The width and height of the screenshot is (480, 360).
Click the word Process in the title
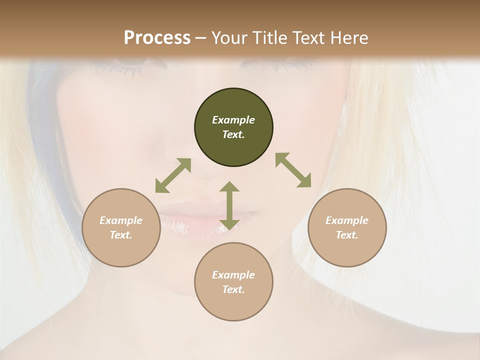pyautogui.click(x=157, y=37)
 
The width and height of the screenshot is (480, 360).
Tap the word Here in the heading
pyautogui.click(x=348, y=37)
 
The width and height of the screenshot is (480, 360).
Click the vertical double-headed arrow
pyautogui.click(x=229, y=205)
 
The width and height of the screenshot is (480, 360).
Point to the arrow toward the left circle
pyautogui.click(x=173, y=175)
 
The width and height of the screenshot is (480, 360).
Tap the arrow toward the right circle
pyautogui.click(x=293, y=170)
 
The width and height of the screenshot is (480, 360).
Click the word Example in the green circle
pyautogui.click(x=233, y=120)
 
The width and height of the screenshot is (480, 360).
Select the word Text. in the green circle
pyautogui.click(x=233, y=134)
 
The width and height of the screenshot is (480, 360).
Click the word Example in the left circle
pyautogui.click(x=121, y=220)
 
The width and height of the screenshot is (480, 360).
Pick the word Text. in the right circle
pyautogui.click(x=347, y=235)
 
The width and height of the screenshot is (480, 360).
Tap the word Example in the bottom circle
pyautogui.click(x=233, y=275)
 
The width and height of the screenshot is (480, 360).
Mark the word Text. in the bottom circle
pyautogui.click(x=233, y=289)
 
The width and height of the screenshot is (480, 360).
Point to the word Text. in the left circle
pyautogui.click(x=121, y=235)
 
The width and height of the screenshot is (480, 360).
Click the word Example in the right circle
pyautogui.click(x=347, y=220)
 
